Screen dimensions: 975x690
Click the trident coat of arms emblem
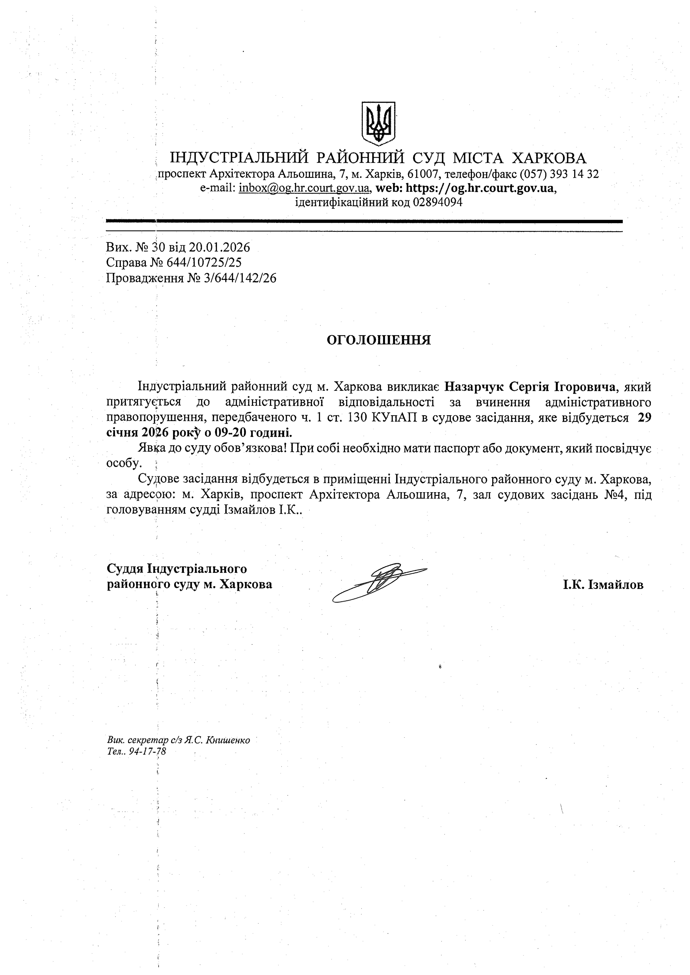click(x=378, y=123)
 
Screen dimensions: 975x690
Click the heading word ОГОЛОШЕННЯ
click(x=379, y=340)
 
